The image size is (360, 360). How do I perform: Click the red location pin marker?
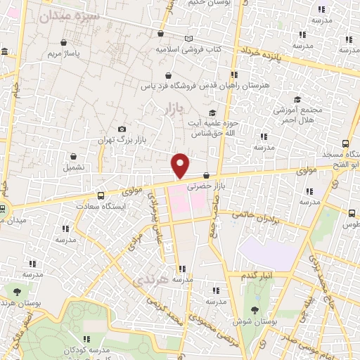point(181,165)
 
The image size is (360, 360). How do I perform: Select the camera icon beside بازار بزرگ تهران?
point(122,129)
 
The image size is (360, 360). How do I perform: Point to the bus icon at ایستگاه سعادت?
point(101,195)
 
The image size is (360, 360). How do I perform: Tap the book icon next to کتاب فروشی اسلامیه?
point(188,39)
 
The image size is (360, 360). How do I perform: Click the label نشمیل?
point(74,168)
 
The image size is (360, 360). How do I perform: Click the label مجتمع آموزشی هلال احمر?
point(300,117)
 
